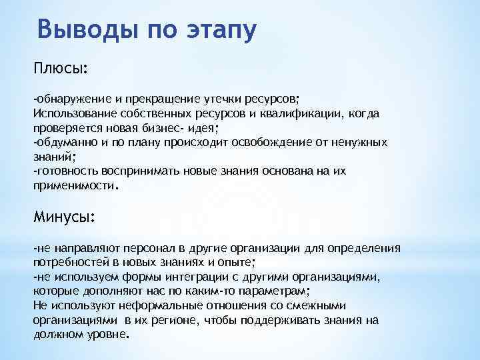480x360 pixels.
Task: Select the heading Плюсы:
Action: point(61,69)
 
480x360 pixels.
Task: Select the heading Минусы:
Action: point(64,217)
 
